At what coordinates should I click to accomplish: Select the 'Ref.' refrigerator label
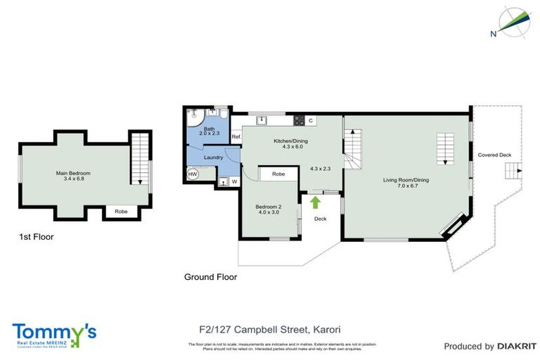pyautogui.click(x=236, y=136)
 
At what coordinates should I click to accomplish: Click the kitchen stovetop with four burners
pyautogui.click(x=299, y=120)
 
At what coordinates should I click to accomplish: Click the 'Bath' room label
pyautogui.click(x=210, y=127)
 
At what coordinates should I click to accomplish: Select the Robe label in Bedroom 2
pyautogui.click(x=278, y=173)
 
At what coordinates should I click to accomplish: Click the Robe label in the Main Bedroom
pyautogui.click(x=121, y=210)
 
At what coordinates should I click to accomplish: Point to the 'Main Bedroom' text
pyautogui.click(x=73, y=173)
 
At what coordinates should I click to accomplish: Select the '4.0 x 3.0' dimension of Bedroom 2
pyautogui.click(x=269, y=212)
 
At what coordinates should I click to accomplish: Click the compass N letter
pyautogui.click(x=494, y=32)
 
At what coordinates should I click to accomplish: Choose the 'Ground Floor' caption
pyautogui.click(x=210, y=277)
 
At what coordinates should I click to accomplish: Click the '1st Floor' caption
pyautogui.click(x=36, y=237)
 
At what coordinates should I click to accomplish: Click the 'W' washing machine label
pyautogui.click(x=234, y=181)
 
